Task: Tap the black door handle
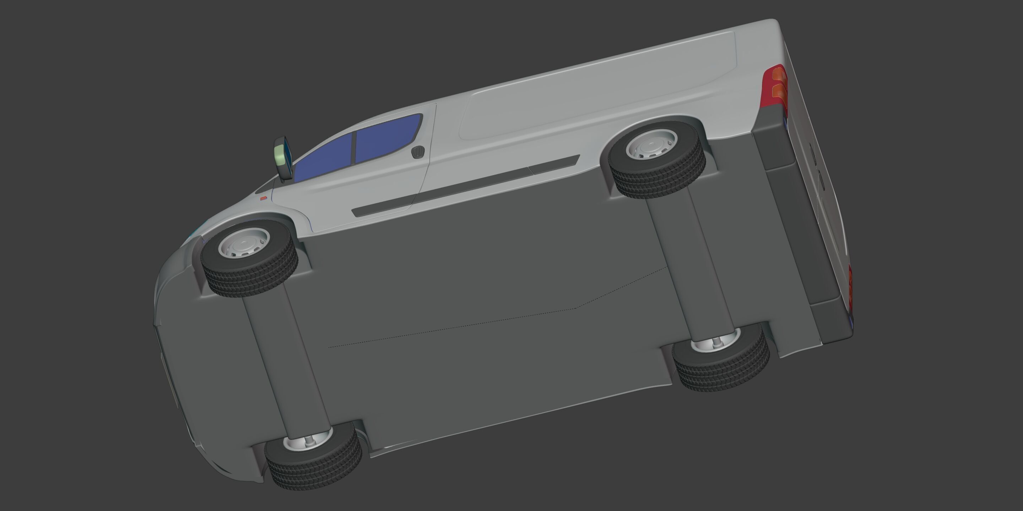418,152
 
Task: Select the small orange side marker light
263,198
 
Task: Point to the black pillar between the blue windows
353,148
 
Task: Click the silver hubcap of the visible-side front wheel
244,243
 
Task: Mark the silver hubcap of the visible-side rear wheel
651,144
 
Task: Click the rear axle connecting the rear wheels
691,262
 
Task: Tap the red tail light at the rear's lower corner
850,290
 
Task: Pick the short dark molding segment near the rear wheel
554,165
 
